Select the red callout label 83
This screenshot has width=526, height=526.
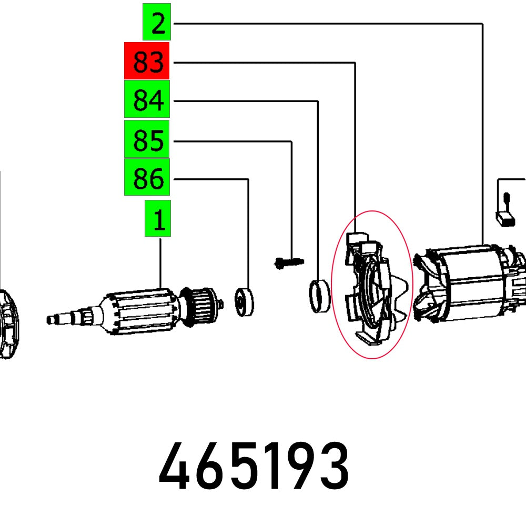click(147, 62)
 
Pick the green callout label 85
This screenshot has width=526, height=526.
click(147, 140)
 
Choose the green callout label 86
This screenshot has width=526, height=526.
click(147, 179)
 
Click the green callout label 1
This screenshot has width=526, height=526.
click(158, 219)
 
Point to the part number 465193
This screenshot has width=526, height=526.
click(254, 467)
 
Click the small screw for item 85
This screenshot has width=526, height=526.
click(289, 261)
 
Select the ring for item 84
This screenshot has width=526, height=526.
click(319, 297)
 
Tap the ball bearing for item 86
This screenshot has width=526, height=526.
click(244, 302)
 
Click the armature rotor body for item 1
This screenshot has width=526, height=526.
click(139, 312)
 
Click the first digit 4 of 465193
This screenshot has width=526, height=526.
click(174, 467)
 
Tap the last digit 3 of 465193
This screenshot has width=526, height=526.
click(334, 467)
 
